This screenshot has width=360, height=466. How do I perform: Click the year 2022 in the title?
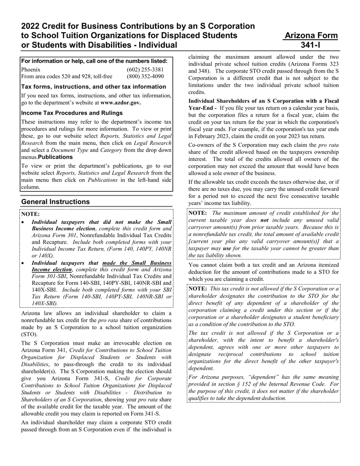pyautogui.click(x=31, y=26)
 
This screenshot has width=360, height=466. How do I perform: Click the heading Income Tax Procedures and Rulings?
pyautogui.click(x=72, y=113)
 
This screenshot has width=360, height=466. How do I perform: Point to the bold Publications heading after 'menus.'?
pyautogui.click(x=55, y=157)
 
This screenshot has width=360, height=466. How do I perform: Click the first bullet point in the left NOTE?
pyautogui.click(x=24, y=222)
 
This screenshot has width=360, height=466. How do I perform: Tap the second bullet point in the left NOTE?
pyautogui.click(x=24, y=263)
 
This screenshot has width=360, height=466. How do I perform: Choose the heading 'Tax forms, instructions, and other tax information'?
pyautogui.click(x=94, y=86)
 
